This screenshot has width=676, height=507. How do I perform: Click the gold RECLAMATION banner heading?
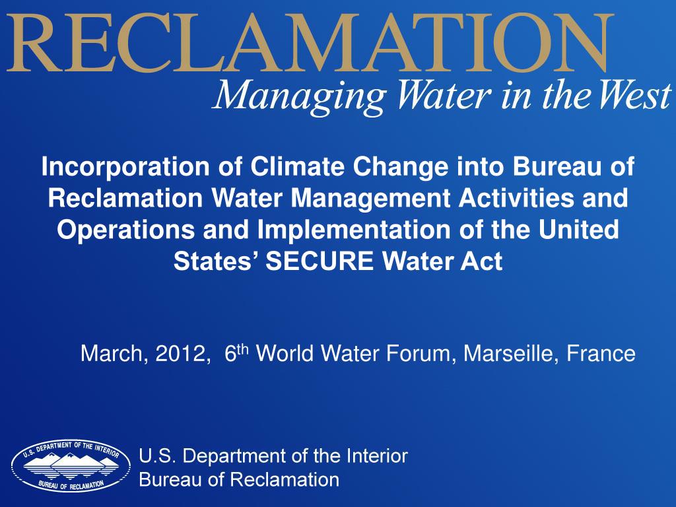(310, 43)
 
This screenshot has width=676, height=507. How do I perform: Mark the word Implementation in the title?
(354, 230)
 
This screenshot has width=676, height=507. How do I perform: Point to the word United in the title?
(578, 229)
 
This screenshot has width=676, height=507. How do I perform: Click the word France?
(601, 354)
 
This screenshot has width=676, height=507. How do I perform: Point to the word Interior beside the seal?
(377, 456)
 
